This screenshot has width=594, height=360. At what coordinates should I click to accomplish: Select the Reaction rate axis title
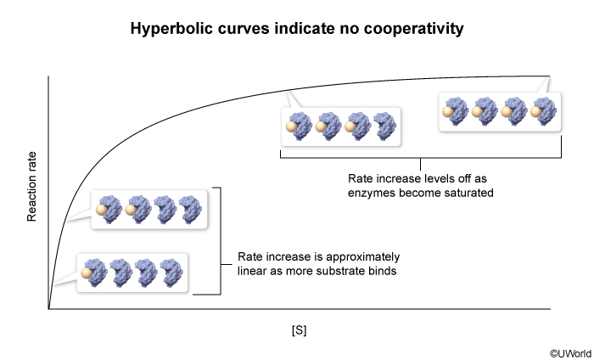32,187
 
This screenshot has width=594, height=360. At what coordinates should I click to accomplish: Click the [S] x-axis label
299,330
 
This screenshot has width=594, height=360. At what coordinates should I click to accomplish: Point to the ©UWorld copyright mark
571,353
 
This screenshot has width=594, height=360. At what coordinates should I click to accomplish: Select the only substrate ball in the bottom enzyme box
87,273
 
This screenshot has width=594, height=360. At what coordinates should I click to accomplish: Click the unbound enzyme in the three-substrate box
385,127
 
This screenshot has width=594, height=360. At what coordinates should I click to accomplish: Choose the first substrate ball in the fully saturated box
448,112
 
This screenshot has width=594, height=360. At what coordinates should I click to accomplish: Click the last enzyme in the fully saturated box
545,111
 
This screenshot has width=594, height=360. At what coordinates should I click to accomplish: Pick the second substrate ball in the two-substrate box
131,210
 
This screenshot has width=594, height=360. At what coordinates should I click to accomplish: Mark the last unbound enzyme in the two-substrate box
191,210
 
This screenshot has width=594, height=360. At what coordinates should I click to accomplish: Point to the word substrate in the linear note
345,271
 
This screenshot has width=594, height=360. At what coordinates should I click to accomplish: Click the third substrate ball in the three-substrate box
350,127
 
